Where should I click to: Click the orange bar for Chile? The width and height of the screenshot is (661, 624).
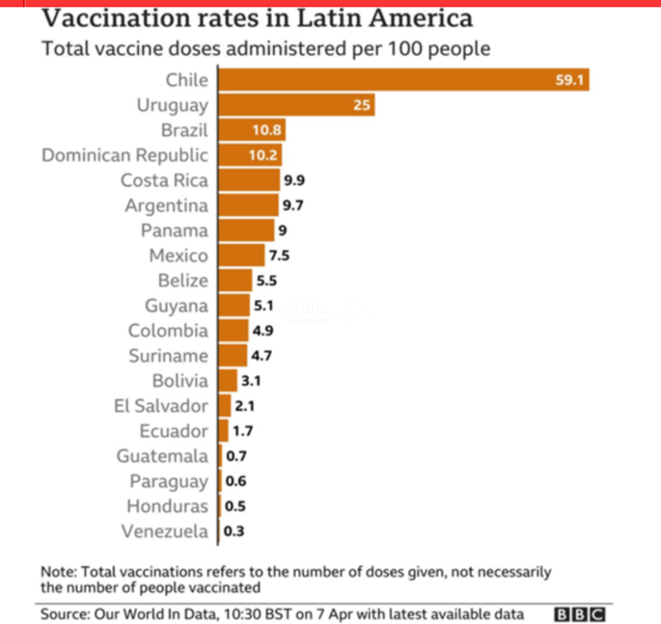tap(403, 80)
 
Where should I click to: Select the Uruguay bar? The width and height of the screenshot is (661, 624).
tap(296, 105)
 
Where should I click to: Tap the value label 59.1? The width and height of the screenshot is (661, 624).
tap(569, 80)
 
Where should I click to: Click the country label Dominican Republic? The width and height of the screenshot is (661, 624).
tap(125, 155)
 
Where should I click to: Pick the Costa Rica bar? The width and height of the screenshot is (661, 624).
tap(248, 180)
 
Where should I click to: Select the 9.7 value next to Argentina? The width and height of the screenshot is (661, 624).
tap(293, 205)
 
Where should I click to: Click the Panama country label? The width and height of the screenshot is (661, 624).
tap(174, 230)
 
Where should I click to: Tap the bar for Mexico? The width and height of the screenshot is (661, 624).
tap(242, 255)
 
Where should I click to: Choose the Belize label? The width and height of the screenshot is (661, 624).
tap(183, 280)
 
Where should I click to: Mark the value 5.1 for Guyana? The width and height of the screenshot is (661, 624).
tap(264, 306)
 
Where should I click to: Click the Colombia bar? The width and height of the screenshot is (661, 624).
tap(234, 331)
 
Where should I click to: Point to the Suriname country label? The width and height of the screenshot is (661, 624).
tap(168, 356)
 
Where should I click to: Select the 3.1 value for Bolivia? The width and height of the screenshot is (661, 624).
tap(251, 381)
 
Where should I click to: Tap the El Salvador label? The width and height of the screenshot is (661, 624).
tap(161, 406)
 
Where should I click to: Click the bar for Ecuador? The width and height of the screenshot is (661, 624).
tap(223, 431)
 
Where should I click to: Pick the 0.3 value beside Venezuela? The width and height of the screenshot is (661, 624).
tap(234, 532)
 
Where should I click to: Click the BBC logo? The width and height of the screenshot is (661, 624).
tap(579, 614)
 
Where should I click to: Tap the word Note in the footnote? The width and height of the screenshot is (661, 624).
tap(57, 572)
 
